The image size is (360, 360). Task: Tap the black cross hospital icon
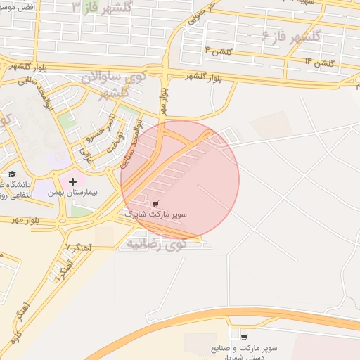72,181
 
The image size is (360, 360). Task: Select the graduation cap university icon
12,174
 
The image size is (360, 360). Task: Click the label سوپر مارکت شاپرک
155,212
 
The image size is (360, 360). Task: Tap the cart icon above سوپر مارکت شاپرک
155,202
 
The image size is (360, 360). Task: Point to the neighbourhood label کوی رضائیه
155,244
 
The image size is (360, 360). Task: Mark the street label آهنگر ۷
78,247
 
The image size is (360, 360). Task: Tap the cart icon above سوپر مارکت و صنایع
244,338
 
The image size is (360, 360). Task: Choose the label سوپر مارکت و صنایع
244,348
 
